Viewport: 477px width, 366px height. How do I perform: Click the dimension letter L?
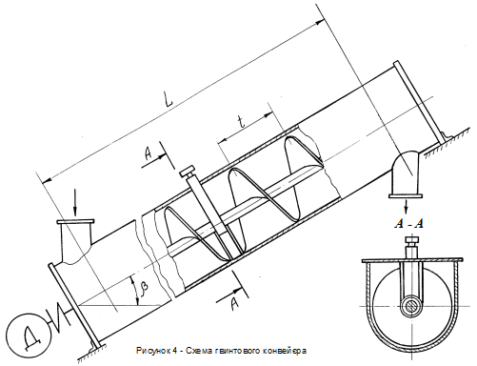tap(168, 98)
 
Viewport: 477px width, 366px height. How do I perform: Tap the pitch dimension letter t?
tap(242, 122)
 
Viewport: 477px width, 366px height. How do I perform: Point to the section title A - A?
tap(408, 224)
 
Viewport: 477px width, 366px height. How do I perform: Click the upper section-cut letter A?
tap(149, 154)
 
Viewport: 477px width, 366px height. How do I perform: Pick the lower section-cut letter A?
tap(234, 305)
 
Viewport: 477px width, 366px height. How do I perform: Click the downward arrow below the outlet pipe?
tap(407, 207)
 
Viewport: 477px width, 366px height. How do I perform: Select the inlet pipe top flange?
tap(75, 221)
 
